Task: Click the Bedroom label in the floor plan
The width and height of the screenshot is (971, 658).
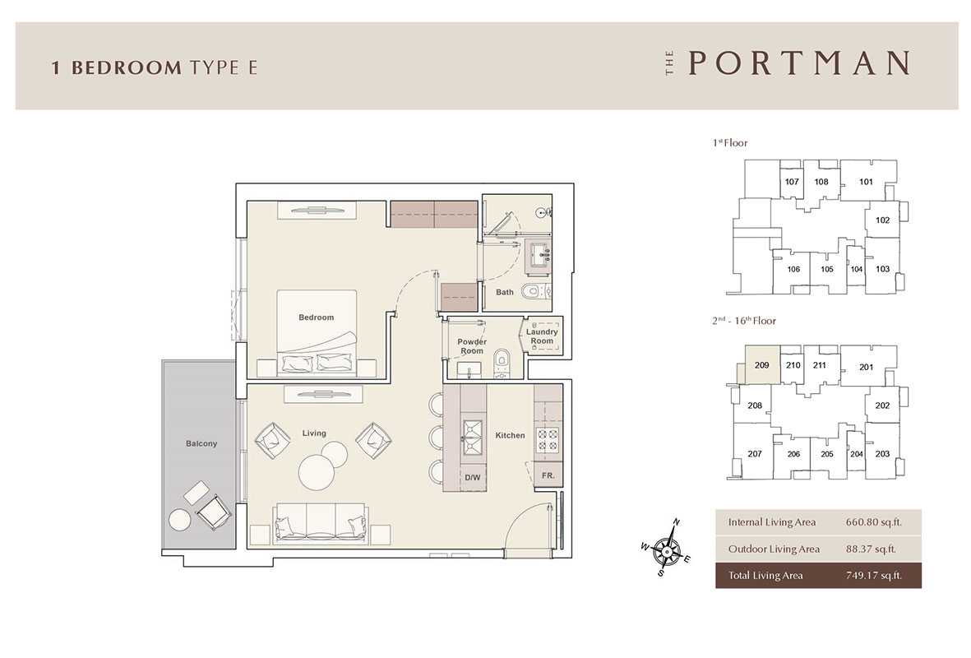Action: coord(316,317)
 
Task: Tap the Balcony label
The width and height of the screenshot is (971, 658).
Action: coord(201,443)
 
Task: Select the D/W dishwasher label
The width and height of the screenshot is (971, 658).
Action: coord(473,478)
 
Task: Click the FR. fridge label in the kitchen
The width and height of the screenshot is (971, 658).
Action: coord(548,476)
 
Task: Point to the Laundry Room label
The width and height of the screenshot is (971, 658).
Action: coord(542,336)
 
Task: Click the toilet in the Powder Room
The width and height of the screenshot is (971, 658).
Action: coord(502,363)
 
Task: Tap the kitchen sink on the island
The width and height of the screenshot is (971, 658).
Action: coord(472,437)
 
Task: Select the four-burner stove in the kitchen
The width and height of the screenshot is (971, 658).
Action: coord(548,439)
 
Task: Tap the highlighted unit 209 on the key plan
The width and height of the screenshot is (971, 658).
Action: coord(761,365)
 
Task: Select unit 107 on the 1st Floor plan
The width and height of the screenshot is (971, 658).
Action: coord(792,182)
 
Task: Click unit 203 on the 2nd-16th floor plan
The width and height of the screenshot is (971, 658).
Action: coord(882,453)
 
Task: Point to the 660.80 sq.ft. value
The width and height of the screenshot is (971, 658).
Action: coord(874,522)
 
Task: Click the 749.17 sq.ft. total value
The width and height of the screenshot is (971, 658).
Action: coord(874,576)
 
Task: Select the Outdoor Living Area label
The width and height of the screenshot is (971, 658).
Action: coord(774,549)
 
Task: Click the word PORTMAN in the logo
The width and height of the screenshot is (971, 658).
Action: coord(799,63)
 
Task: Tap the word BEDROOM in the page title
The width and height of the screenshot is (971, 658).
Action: coord(127,67)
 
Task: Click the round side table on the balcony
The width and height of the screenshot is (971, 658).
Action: coord(179,519)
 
